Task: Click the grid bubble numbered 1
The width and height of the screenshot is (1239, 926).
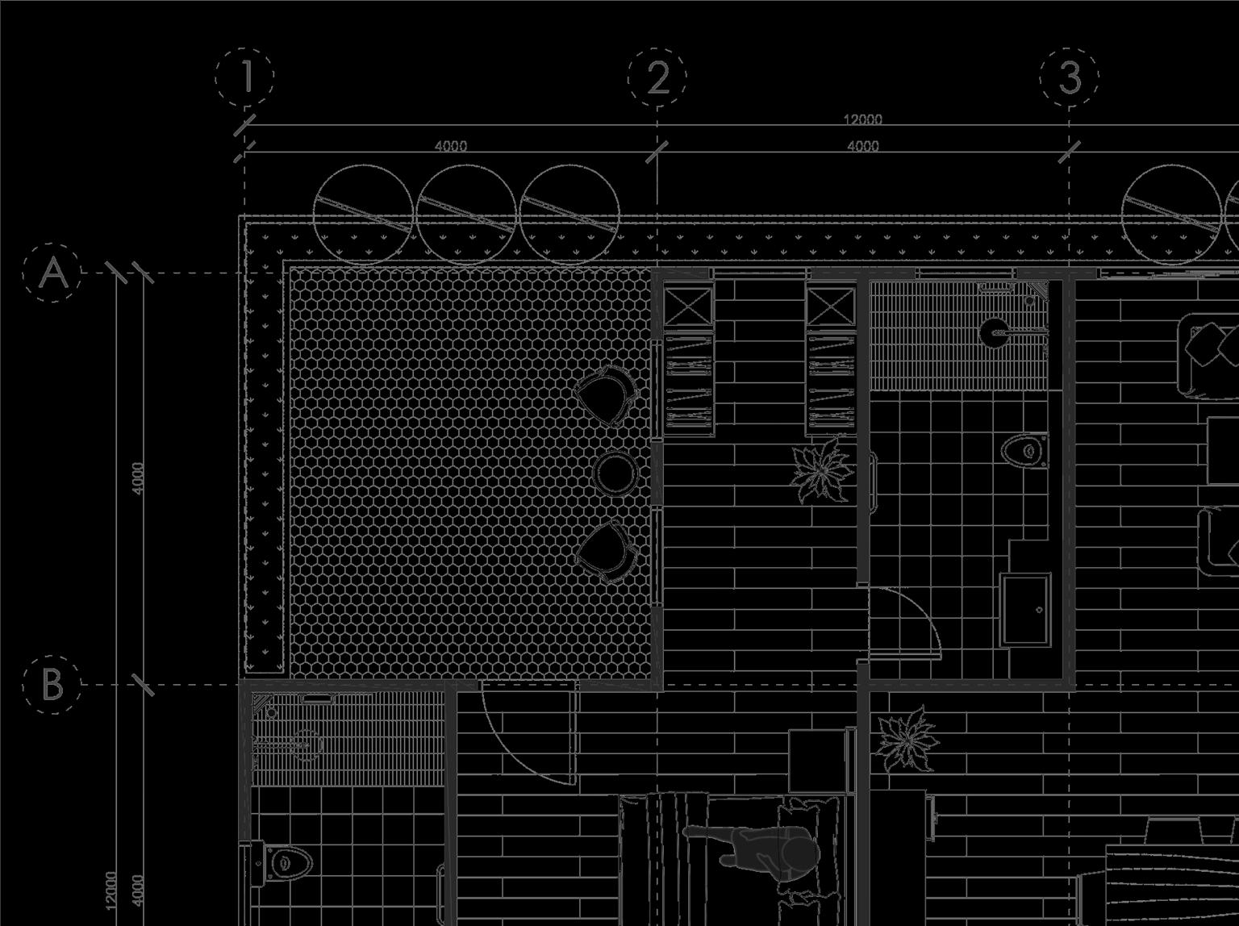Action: [x=245, y=77]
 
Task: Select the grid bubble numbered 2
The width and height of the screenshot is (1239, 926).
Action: [x=657, y=77]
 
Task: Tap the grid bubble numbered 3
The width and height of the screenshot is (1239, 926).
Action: [x=1070, y=77]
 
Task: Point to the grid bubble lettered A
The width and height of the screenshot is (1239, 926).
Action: [x=52, y=273]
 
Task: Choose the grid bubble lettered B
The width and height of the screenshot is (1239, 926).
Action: [x=52, y=685]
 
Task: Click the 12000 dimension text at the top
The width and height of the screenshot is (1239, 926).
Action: [x=862, y=119]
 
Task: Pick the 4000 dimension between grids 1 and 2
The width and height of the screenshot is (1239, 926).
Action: [x=450, y=146]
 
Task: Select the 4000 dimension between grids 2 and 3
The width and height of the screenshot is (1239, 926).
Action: [x=862, y=146]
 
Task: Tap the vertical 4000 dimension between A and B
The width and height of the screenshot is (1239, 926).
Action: [x=138, y=478]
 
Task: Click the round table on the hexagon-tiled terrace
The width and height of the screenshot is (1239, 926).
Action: [x=617, y=472]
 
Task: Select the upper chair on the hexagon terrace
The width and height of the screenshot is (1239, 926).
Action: [x=608, y=394]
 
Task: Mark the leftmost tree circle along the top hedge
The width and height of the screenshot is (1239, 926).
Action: [x=363, y=215]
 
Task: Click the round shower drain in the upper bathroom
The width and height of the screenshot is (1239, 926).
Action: [x=995, y=331]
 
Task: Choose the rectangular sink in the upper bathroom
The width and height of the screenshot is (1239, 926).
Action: [x=1025, y=609]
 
